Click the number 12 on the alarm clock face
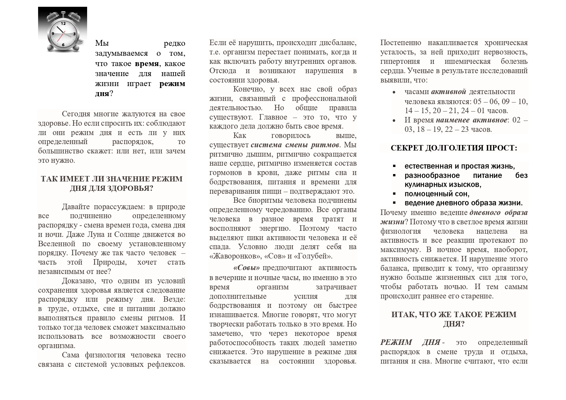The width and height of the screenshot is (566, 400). pos(63,24)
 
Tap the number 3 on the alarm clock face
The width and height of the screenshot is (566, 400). pos(74,34)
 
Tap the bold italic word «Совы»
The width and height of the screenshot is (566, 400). pos(247,268)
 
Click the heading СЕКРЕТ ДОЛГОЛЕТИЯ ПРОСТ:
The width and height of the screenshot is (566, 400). pos(454,148)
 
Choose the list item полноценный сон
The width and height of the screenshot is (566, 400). pos(437,194)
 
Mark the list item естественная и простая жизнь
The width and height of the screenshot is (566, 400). pos(460,166)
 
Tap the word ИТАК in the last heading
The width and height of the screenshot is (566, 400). pos(403,314)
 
